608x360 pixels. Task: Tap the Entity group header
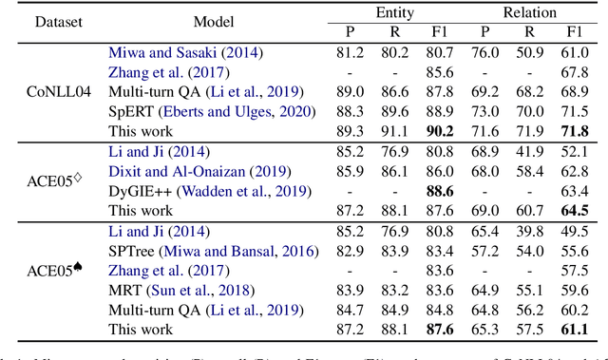pos(394,11)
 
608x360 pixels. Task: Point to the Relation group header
pos(528,11)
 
